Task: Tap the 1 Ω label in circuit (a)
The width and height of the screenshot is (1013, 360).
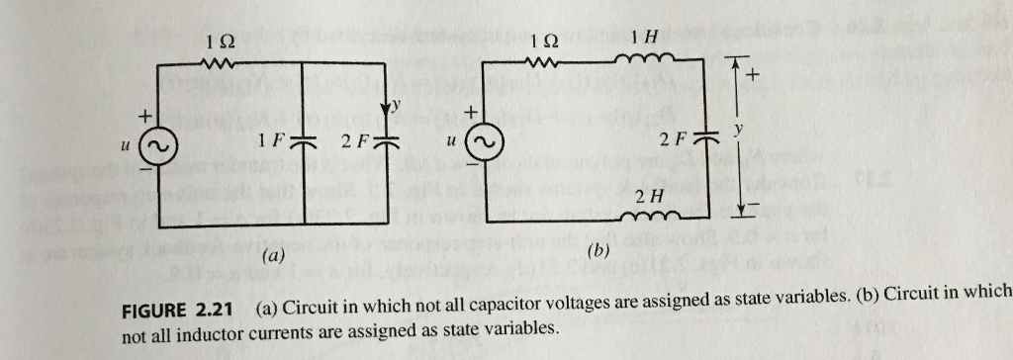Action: tap(222, 42)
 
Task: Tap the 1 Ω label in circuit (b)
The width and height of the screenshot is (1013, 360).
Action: tap(544, 42)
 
